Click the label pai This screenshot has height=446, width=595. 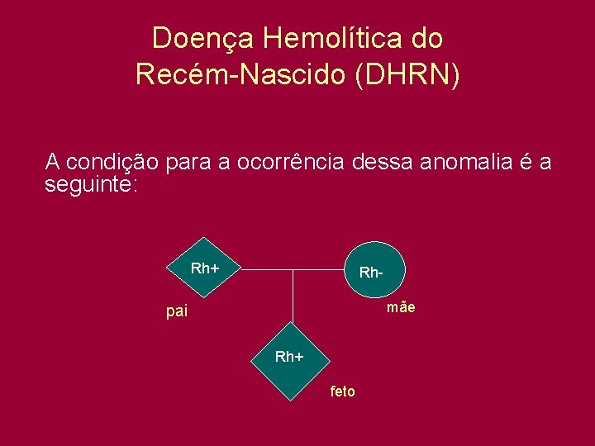point(177,312)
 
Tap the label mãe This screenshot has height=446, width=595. point(401,307)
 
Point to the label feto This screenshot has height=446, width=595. point(342,391)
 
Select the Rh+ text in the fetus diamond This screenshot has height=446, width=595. point(289,357)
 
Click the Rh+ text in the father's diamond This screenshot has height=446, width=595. point(205,268)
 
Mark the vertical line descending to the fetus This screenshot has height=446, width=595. point(293,301)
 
